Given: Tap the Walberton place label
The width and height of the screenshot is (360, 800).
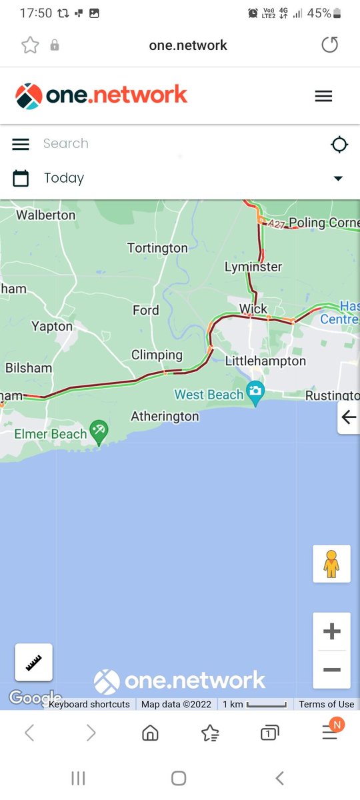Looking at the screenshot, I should pyautogui.click(x=45, y=215).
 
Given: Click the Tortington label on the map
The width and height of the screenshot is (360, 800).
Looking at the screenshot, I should pyautogui.click(x=157, y=248).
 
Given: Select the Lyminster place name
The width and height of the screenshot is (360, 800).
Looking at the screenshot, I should pyautogui.click(x=253, y=267).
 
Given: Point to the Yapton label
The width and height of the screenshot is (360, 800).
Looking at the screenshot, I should pyautogui.click(x=52, y=326).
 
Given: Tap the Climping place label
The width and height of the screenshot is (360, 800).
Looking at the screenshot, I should pyautogui.click(x=157, y=355).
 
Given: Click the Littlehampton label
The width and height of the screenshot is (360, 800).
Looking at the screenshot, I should pyautogui.click(x=265, y=361).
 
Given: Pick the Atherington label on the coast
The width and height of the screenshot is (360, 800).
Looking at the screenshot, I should pyautogui.click(x=165, y=416).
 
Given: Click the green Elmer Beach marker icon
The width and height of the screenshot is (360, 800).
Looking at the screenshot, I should pyautogui.click(x=99, y=429).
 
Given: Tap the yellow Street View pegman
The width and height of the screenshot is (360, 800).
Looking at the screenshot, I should pyautogui.click(x=331, y=564).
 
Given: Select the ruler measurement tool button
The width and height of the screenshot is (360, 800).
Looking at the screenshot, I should pyautogui.click(x=33, y=662).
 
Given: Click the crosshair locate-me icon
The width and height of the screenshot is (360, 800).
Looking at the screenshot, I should pyautogui.click(x=339, y=144).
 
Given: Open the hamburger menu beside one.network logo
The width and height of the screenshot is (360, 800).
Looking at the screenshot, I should pyautogui.click(x=323, y=96).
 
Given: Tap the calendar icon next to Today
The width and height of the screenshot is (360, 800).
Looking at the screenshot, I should pyautogui.click(x=21, y=178).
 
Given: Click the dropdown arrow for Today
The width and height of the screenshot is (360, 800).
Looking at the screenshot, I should pyautogui.click(x=338, y=178).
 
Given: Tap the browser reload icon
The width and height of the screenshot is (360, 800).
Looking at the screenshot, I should pyautogui.click(x=329, y=45).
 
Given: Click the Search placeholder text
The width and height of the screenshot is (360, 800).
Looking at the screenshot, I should pyautogui.click(x=65, y=143).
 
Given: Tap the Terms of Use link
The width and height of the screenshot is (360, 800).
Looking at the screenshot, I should pyautogui.click(x=326, y=704).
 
